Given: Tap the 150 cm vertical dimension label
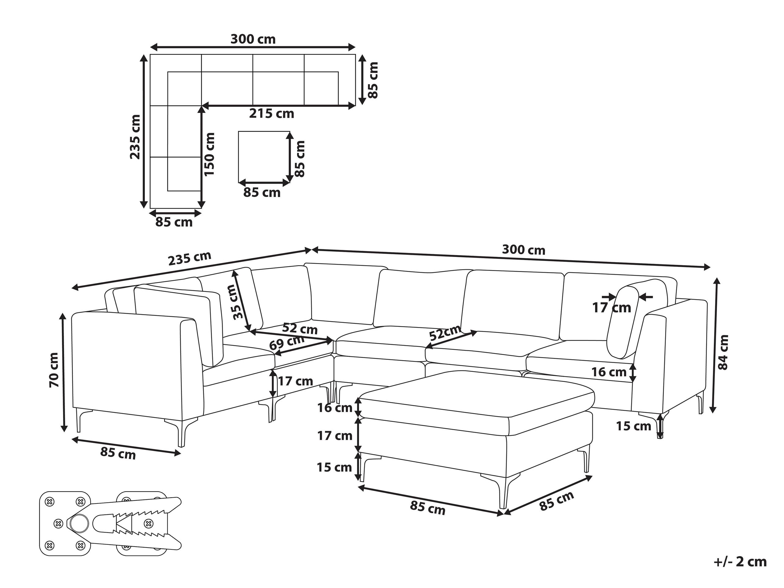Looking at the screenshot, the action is point(209,154).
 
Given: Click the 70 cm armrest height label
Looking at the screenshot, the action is point(54,370).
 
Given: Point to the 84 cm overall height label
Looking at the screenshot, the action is point(723,352).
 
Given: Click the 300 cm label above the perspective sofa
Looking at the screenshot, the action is point(523,250).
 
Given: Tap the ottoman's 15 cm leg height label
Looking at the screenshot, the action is point(334,468).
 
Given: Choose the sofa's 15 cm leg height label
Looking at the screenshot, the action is point(633,426).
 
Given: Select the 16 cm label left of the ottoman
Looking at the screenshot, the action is point(335,408).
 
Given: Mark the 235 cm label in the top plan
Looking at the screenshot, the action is point(135,137).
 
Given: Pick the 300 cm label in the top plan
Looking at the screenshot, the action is point(253,39).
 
